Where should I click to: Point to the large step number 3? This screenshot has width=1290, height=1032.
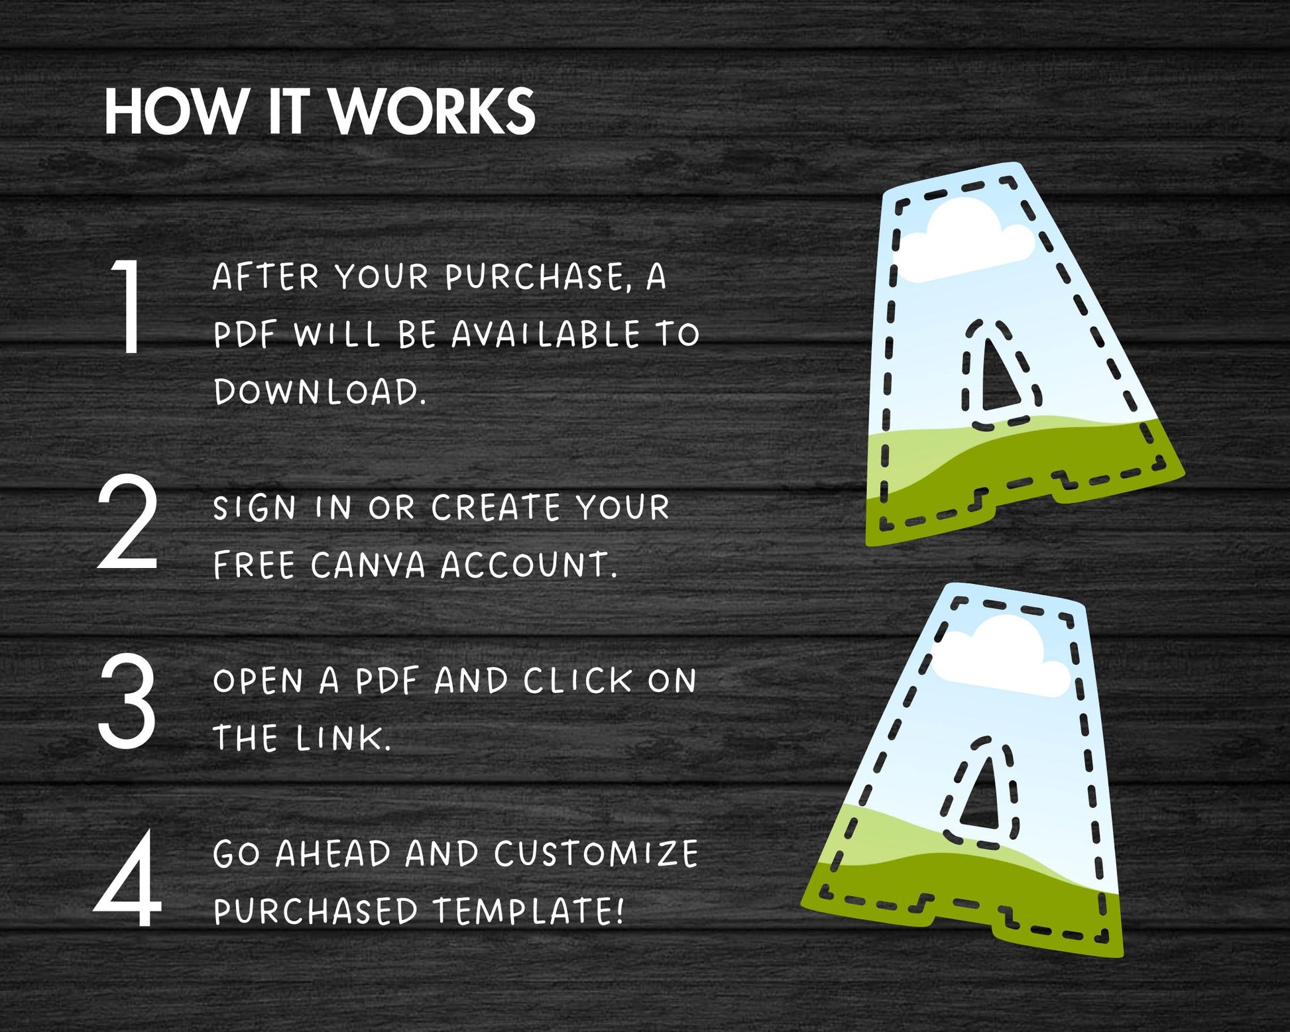tap(127, 701)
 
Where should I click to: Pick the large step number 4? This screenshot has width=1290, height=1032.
tap(128, 878)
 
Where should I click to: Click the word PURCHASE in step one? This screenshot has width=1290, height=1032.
tap(536, 277)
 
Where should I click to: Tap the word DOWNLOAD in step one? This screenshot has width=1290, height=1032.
tap(319, 392)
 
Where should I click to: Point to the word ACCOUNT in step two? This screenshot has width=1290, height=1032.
tap(528, 565)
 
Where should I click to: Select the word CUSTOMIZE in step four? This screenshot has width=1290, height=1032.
tap(596, 854)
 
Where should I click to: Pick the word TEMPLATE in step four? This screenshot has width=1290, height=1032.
tap(528, 911)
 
